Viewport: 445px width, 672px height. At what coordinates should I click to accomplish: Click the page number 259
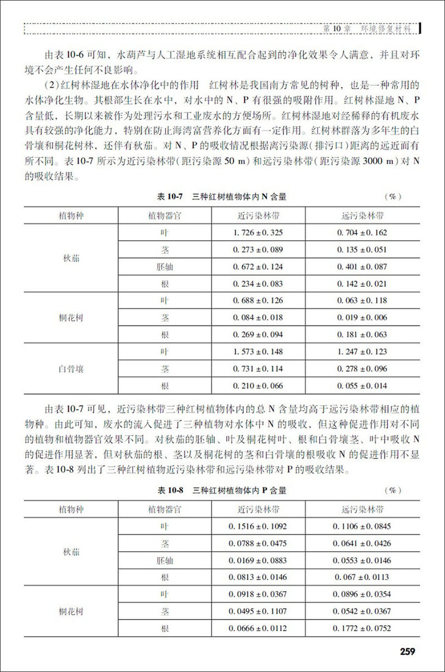pos(407,652)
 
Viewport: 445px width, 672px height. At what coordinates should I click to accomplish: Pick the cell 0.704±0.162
pos(362,233)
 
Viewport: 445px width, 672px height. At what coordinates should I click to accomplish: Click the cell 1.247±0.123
pos(362,352)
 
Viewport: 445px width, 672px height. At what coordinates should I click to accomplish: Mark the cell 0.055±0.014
pos(362,386)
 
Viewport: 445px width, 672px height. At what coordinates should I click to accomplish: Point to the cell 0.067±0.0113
pos(362,576)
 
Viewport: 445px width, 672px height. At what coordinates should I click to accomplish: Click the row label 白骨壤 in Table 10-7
pos(71,369)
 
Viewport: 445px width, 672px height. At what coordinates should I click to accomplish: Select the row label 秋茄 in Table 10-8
pos(71,551)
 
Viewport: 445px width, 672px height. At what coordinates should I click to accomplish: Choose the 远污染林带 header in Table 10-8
pos(362,509)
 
